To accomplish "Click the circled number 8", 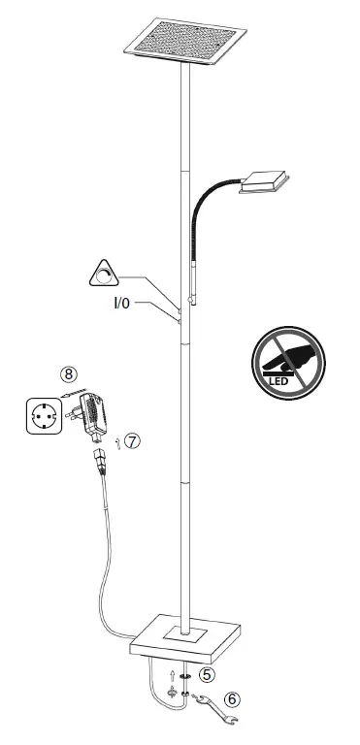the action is click(67, 372).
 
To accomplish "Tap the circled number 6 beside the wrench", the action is click(231, 697).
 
